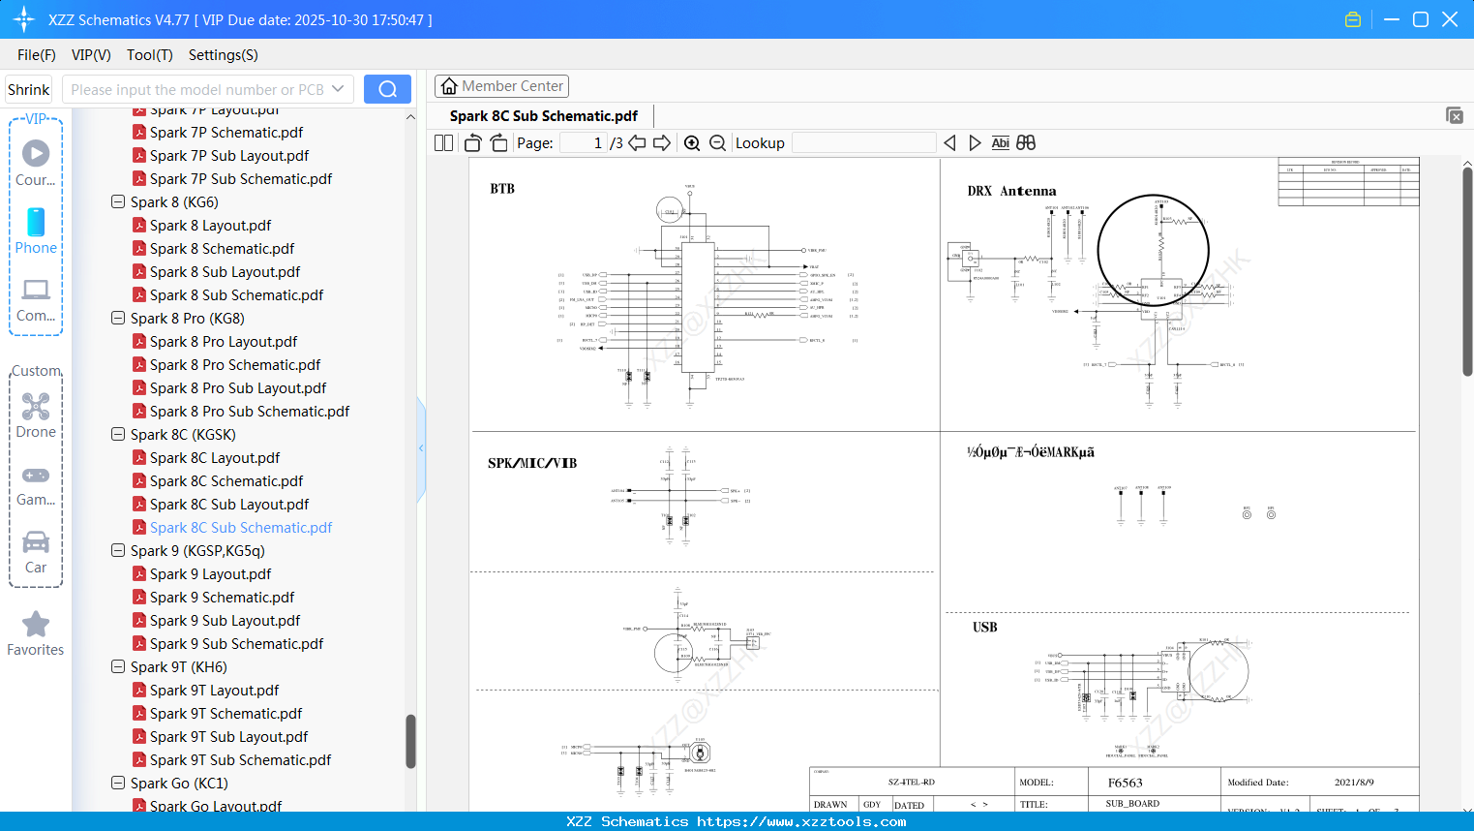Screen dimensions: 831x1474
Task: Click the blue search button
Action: [x=387, y=89]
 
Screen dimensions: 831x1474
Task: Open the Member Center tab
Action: [x=501, y=86]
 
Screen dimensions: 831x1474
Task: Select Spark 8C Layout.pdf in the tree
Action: [x=214, y=458]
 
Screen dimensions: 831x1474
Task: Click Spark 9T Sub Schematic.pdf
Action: [x=240, y=760]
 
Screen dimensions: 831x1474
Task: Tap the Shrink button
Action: [x=29, y=89]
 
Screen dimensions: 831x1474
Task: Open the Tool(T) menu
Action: [x=149, y=55]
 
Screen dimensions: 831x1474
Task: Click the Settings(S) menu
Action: [x=223, y=55]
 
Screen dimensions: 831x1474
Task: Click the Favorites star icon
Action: [x=36, y=625]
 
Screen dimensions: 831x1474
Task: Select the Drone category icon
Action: [x=36, y=407]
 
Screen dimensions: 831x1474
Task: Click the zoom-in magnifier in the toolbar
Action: [x=692, y=143]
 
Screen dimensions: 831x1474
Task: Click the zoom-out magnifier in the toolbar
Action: [x=717, y=143]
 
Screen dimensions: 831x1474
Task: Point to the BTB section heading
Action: [x=502, y=189]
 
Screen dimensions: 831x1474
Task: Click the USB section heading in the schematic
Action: [x=984, y=628]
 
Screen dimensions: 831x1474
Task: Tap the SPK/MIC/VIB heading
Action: [x=532, y=464]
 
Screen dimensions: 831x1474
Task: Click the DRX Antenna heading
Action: [x=1011, y=192]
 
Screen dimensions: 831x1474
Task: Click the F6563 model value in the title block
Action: [x=1125, y=783]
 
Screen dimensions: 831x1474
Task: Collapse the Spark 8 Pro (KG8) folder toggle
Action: [x=118, y=319]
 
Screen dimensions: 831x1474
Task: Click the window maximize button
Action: [x=1421, y=19]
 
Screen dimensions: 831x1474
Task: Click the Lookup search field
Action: [x=863, y=143]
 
